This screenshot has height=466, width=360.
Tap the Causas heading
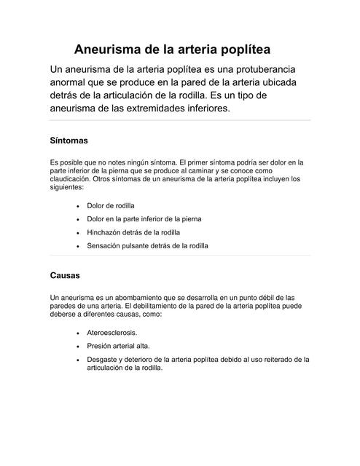point(65,276)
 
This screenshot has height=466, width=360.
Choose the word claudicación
point(71,177)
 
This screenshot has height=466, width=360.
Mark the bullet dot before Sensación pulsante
point(78,246)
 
